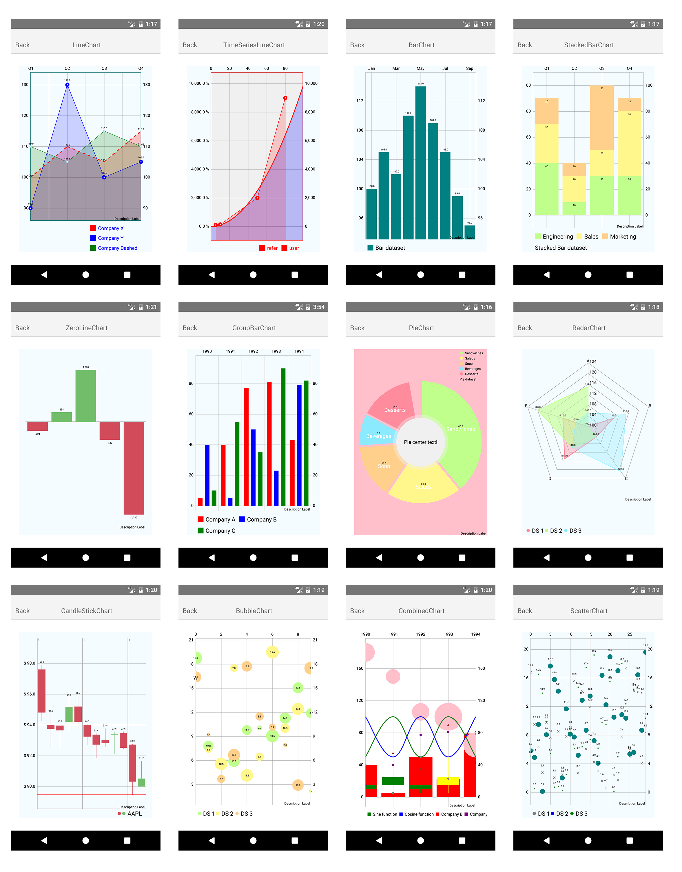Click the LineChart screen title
[x=87, y=45]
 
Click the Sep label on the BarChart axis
[x=470, y=68]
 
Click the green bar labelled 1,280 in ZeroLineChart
[x=86, y=395]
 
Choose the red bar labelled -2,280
[x=134, y=467]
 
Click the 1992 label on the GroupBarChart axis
[x=253, y=352]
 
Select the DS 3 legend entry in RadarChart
[x=575, y=531]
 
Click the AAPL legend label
[x=134, y=814]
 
